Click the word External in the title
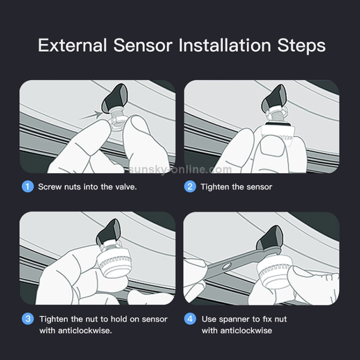click(x=72, y=45)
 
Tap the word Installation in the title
click(x=225, y=45)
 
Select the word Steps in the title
click(x=301, y=46)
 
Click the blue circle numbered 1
click(x=28, y=186)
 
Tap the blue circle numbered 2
click(x=190, y=186)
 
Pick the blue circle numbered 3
click(x=28, y=319)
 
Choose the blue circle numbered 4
click(x=190, y=319)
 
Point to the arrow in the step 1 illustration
click(x=91, y=115)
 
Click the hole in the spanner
click(x=226, y=266)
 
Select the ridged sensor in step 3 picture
click(x=114, y=264)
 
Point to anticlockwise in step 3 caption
click(x=84, y=331)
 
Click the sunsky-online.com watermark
click(x=180, y=169)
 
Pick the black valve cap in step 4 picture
click(x=269, y=239)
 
